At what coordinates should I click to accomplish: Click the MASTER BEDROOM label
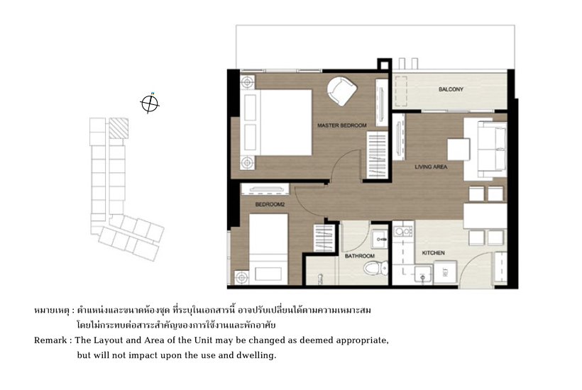pyautogui.click(x=342, y=126)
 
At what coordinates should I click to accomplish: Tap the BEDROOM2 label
pyautogui.click(x=270, y=204)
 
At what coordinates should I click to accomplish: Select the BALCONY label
pyautogui.click(x=451, y=89)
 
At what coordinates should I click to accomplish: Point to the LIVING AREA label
pyautogui.click(x=431, y=167)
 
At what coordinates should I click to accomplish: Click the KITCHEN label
pyautogui.click(x=433, y=253)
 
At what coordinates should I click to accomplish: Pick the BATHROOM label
pyautogui.click(x=360, y=256)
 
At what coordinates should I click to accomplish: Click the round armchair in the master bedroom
pyautogui.click(x=341, y=91)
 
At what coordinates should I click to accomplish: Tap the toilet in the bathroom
pyautogui.click(x=375, y=267)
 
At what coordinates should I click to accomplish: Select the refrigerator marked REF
pyautogui.click(x=445, y=272)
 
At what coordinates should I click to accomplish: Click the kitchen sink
pyautogui.click(x=423, y=274)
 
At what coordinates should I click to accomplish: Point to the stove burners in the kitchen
pyautogui.click(x=403, y=232)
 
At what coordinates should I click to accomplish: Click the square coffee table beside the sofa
pyautogui.click(x=459, y=149)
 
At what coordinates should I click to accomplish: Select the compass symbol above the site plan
pyautogui.click(x=150, y=103)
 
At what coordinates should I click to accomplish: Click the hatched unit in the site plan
pyautogui.click(x=119, y=128)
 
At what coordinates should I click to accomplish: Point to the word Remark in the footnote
pyautogui.click(x=50, y=340)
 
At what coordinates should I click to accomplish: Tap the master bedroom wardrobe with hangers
pyautogui.click(x=377, y=156)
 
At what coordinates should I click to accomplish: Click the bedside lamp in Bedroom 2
pyautogui.click(x=241, y=277)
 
